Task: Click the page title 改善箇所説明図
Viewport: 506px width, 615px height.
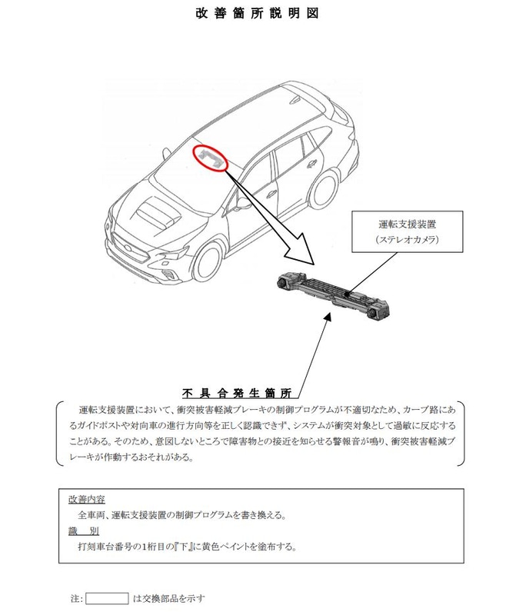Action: click(252, 13)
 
